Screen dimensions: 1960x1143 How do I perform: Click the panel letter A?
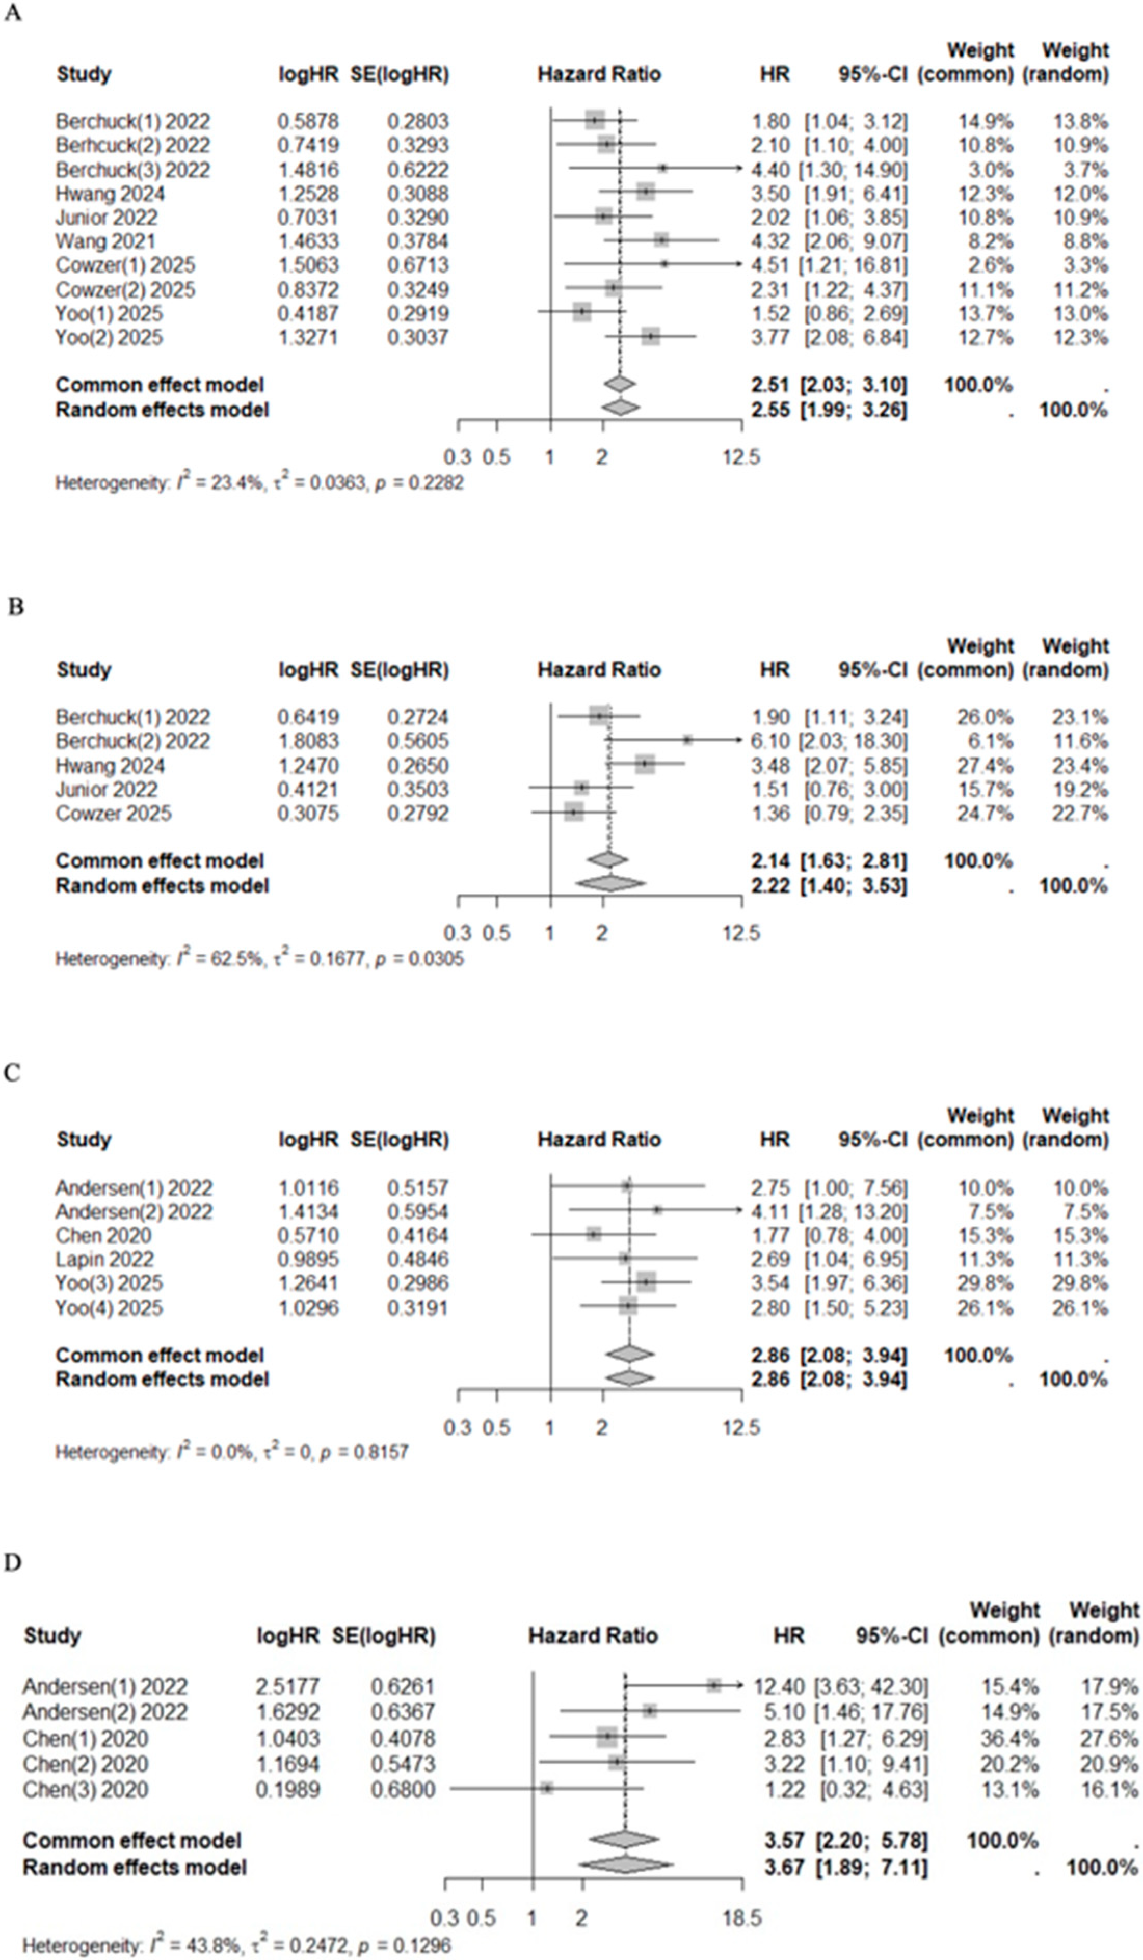pos(12,14)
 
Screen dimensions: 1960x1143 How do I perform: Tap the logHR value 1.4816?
pos(308,170)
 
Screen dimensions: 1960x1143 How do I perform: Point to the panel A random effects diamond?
pos(620,408)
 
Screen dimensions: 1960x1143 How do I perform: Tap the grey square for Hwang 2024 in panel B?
pos(645,765)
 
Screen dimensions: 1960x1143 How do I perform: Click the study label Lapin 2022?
pos(104,1259)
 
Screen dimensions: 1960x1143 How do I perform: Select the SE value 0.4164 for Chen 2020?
pos(418,1236)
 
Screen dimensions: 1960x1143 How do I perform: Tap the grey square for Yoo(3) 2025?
pos(646,1282)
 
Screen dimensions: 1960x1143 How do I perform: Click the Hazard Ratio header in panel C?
pos(599,1140)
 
